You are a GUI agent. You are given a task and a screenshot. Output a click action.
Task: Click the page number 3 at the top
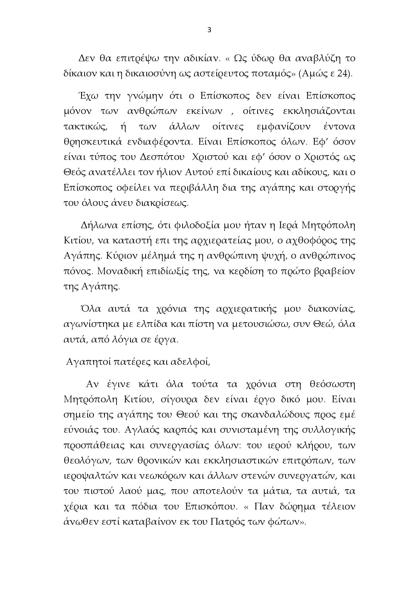coord(209,30)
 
